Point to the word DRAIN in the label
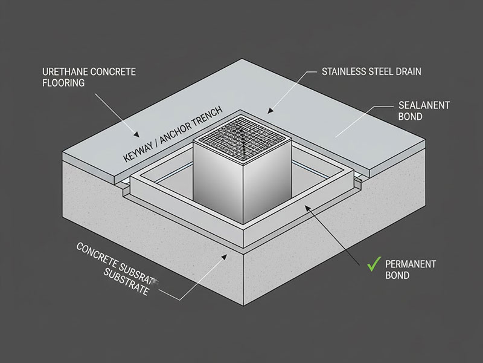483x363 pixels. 409,71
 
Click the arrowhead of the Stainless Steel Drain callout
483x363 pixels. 270,111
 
